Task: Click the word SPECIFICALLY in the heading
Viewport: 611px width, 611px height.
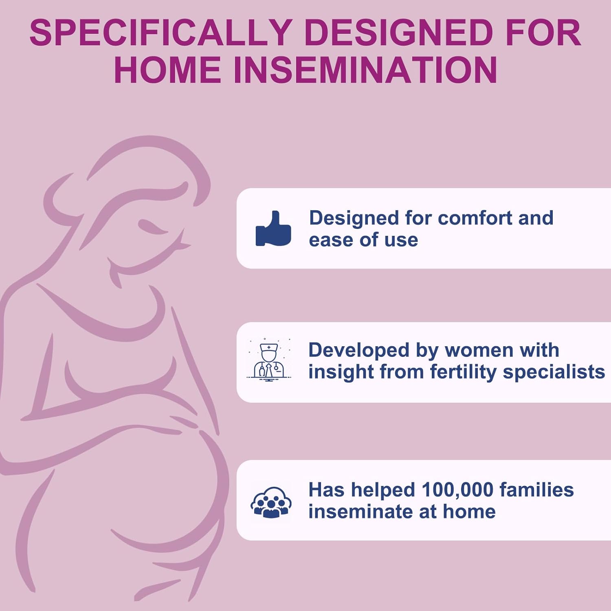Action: click(160, 33)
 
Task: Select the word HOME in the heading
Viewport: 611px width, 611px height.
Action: click(167, 70)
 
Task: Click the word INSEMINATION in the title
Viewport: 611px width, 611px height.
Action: click(365, 70)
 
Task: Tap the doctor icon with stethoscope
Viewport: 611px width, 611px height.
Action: click(269, 360)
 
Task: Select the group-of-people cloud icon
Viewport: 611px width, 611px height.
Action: click(271, 502)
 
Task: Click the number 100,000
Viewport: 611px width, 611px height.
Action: click(457, 490)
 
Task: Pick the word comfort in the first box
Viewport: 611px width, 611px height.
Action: click(475, 218)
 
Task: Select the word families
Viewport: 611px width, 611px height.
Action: click(537, 490)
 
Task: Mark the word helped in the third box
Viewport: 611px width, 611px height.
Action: click(383, 490)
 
